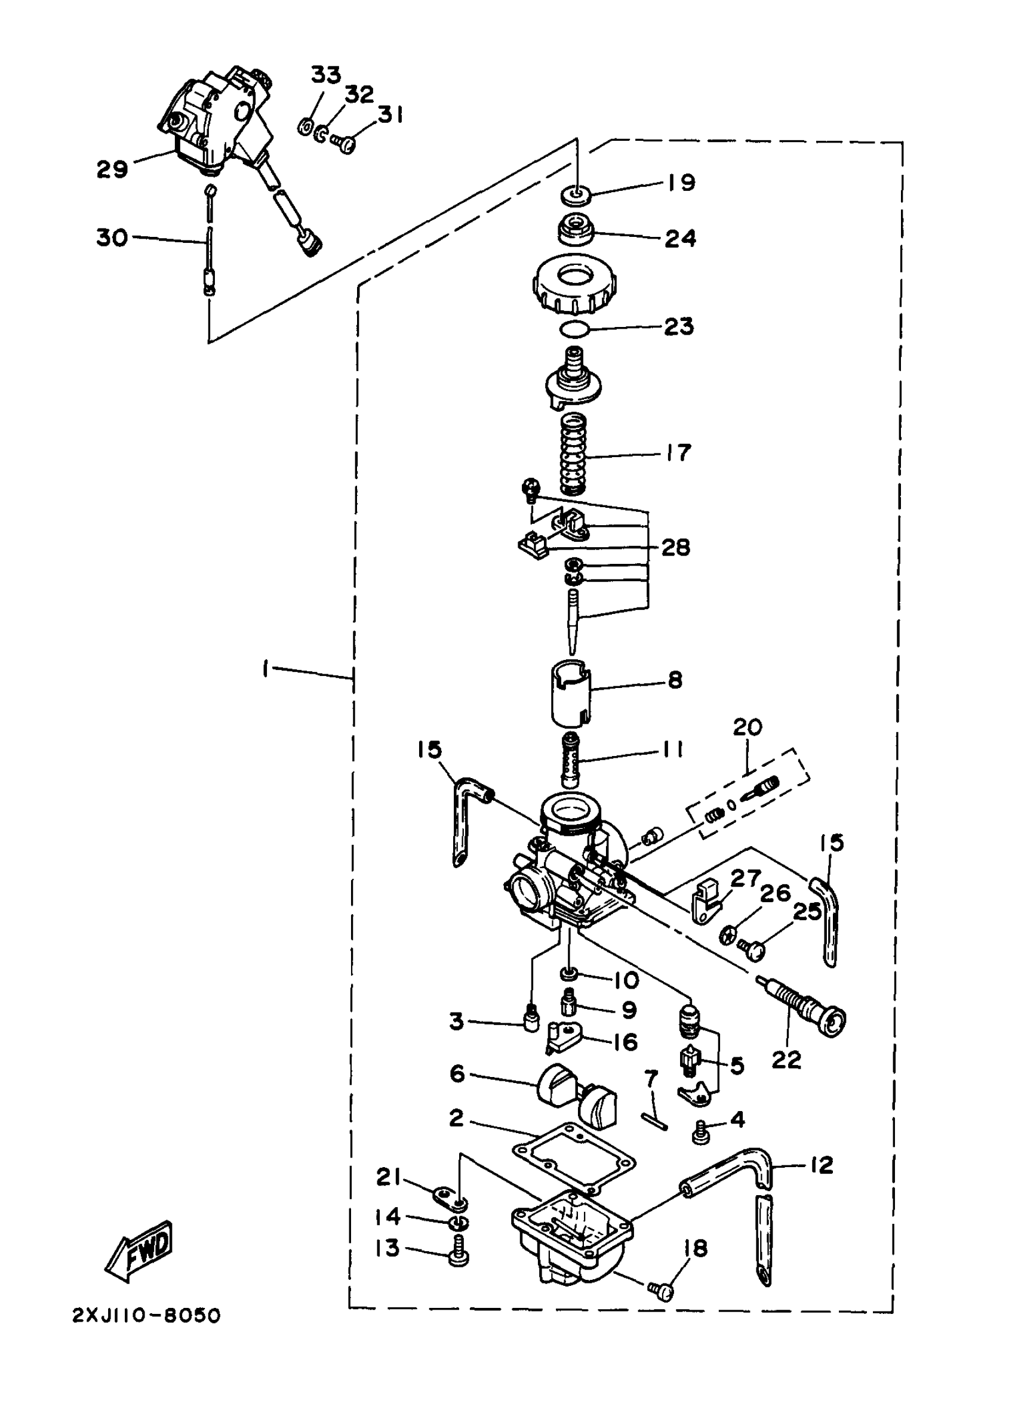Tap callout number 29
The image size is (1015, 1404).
pyautogui.click(x=112, y=169)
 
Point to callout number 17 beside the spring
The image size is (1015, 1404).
pyautogui.click(x=679, y=452)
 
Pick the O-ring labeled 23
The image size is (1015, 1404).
pyautogui.click(x=573, y=330)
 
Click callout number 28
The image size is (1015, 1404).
pyautogui.click(x=675, y=547)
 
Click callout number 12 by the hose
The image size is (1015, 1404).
pyautogui.click(x=821, y=1165)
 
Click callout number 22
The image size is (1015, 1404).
pyautogui.click(x=786, y=1060)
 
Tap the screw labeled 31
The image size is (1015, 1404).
pyautogui.click(x=342, y=143)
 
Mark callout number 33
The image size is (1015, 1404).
pyautogui.click(x=326, y=75)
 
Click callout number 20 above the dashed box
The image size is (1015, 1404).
pyautogui.click(x=747, y=727)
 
